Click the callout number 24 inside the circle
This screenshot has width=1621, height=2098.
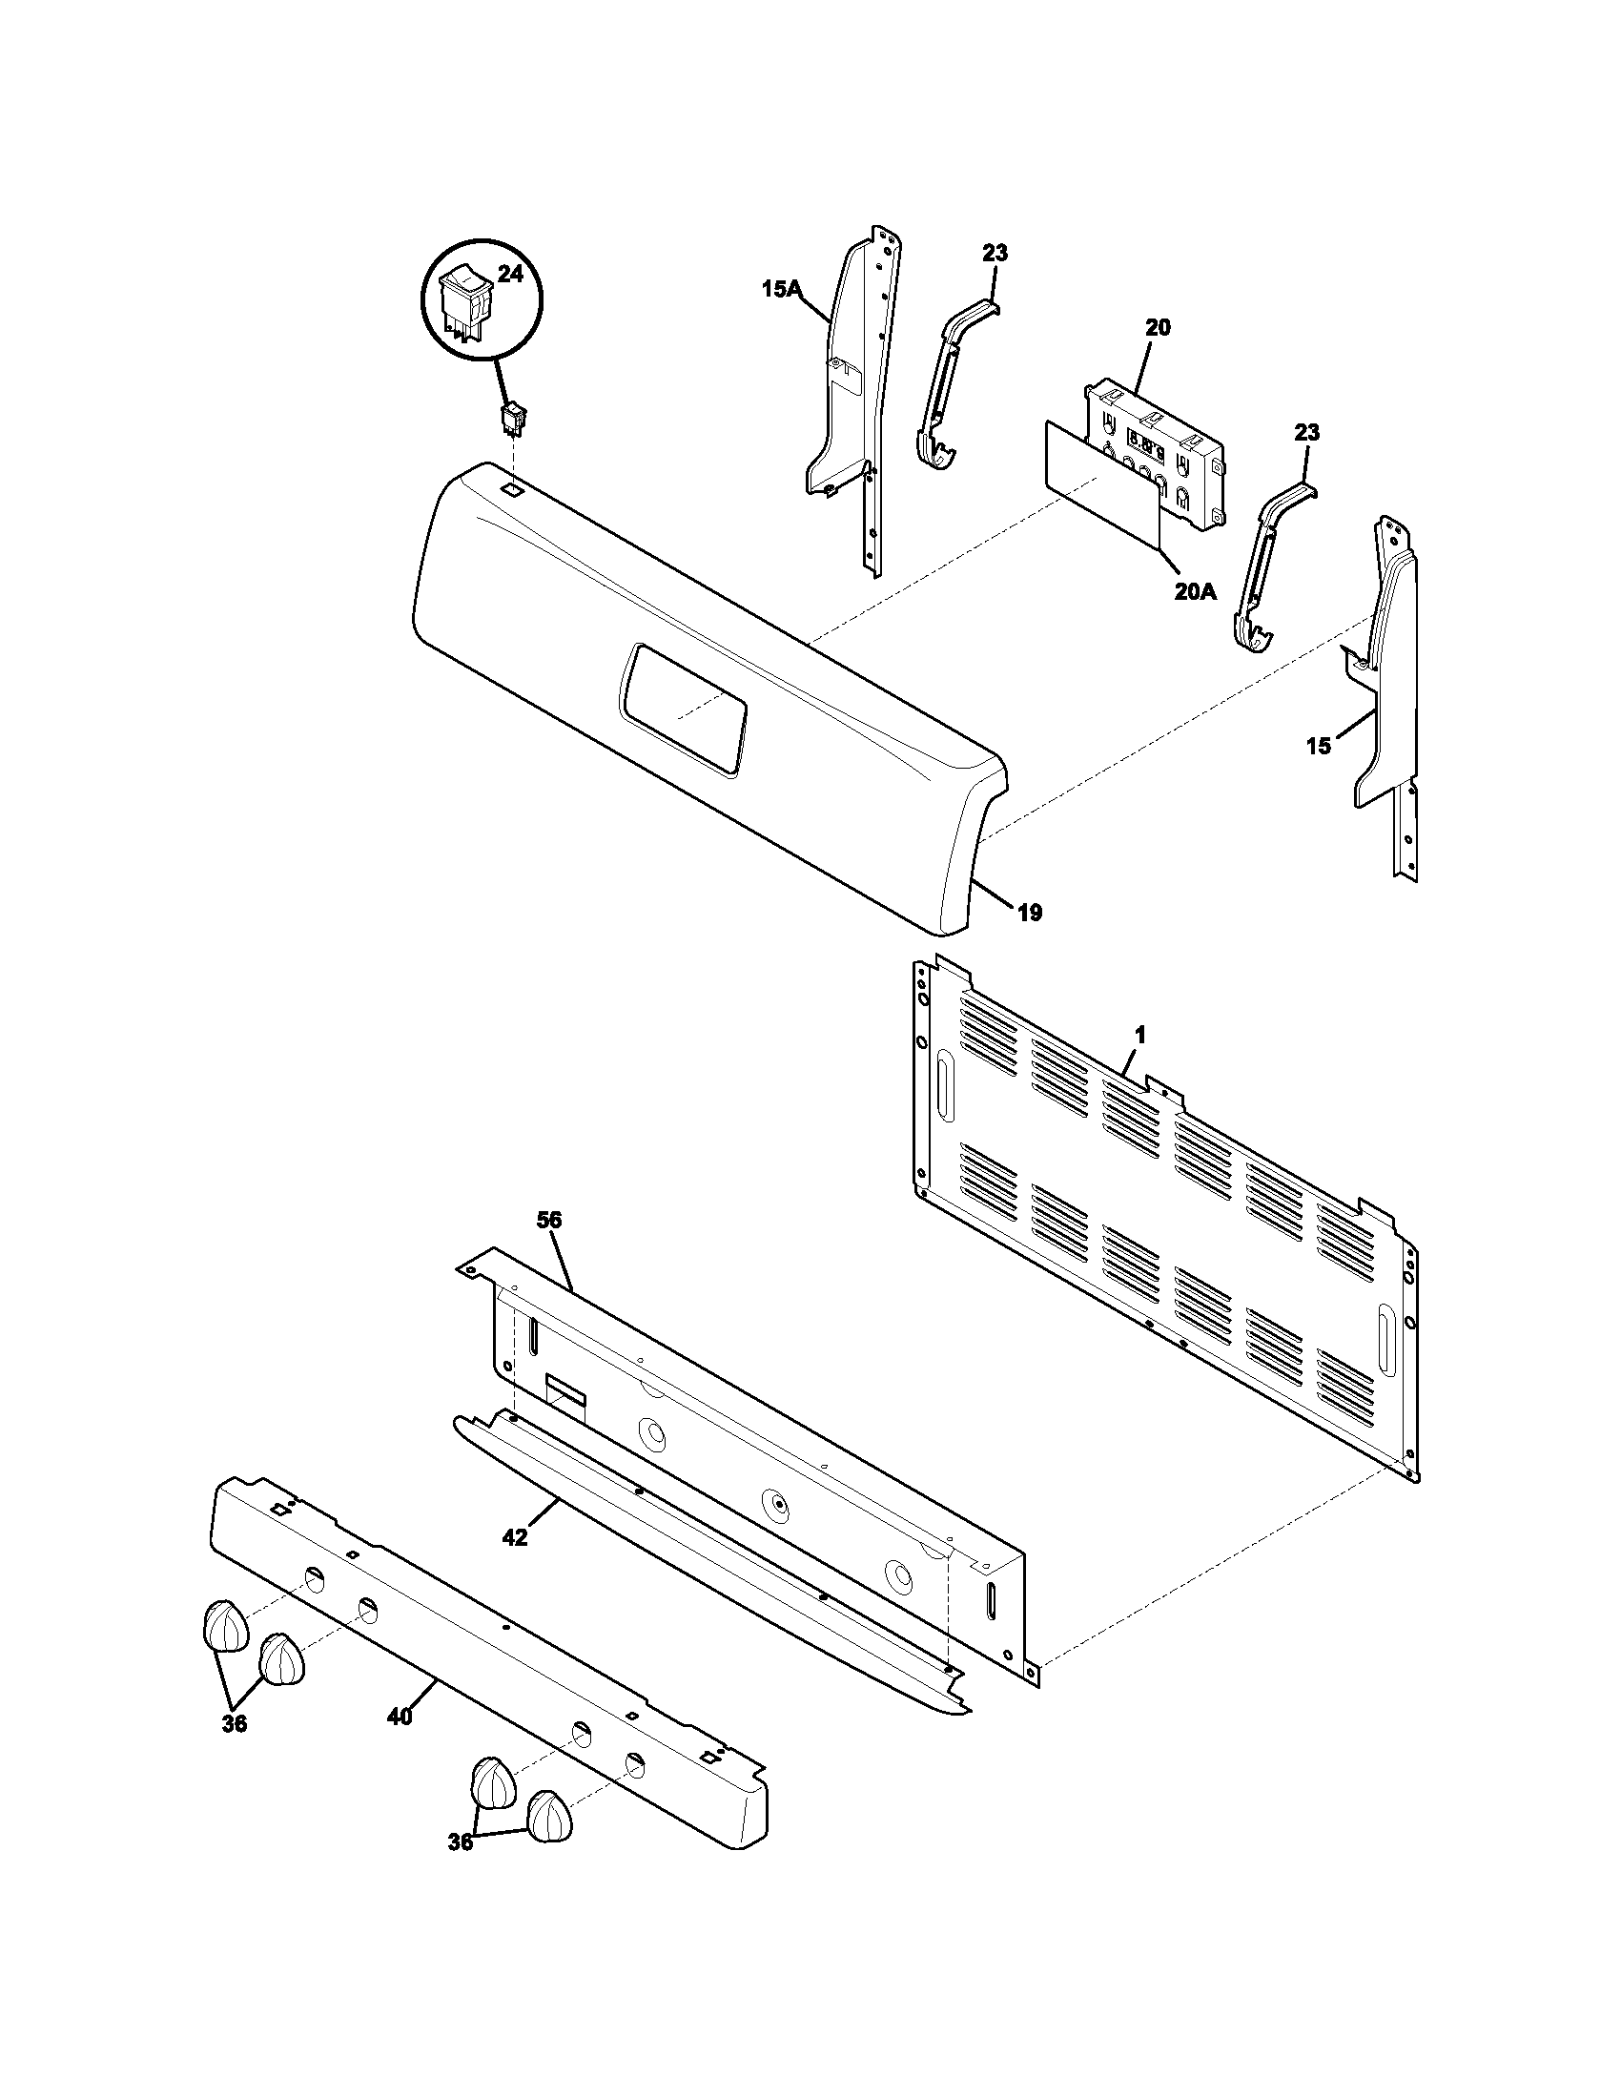click(510, 275)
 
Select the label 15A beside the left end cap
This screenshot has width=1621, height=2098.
click(782, 287)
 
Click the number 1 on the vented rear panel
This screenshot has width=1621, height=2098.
click(1139, 1036)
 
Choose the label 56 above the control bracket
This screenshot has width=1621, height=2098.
click(549, 1220)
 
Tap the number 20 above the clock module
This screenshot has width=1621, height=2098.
click(1159, 327)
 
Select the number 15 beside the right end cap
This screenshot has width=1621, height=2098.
click(1319, 746)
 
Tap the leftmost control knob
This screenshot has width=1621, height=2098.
click(225, 1625)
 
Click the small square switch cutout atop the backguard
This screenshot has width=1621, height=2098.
click(514, 488)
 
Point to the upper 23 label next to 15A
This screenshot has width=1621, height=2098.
click(995, 254)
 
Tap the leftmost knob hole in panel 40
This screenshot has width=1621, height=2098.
click(314, 1576)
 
